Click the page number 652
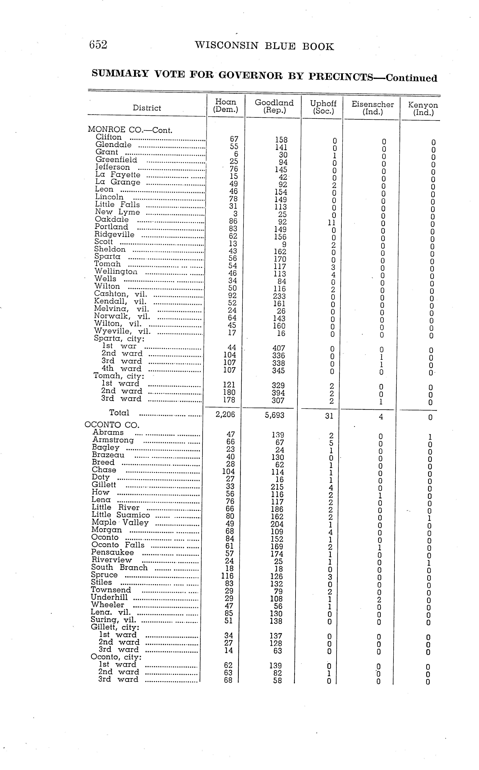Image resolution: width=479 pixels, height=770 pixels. pyautogui.click(x=98, y=45)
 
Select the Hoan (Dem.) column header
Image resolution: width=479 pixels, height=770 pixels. pyautogui.click(x=225, y=106)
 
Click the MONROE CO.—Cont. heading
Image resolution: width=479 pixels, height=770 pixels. pyautogui.click(x=130, y=130)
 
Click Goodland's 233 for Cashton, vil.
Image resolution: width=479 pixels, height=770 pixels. pyautogui.click(x=279, y=296)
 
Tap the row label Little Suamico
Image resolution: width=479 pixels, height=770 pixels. pyautogui.click(x=121, y=515)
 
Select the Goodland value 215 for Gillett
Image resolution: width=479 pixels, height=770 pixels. pyautogui.click(x=277, y=487)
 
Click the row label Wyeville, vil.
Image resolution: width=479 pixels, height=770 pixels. pyautogui.click(x=122, y=331)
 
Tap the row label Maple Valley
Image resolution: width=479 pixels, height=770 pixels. pyautogui.click(x=120, y=522)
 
